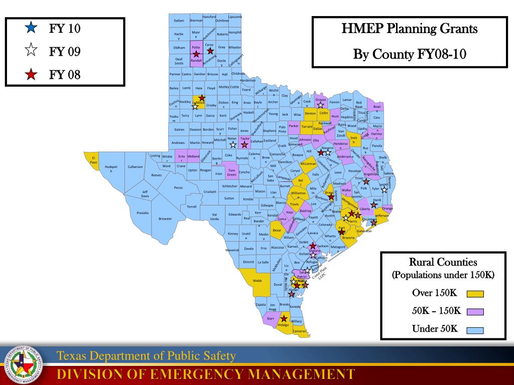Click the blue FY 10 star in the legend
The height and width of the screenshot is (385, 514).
click(x=31, y=28)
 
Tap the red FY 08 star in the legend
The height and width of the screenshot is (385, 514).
click(x=31, y=75)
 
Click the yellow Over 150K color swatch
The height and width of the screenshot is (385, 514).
click(x=475, y=294)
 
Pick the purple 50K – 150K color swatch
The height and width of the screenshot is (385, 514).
click(x=475, y=311)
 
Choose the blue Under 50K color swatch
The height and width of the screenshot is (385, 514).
click(x=475, y=330)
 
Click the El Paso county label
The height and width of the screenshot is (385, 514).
click(x=93, y=160)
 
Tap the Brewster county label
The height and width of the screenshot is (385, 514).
click(x=165, y=219)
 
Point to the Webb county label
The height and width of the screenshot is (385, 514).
click(x=257, y=281)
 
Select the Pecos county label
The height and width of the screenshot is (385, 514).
click(x=178, y=187)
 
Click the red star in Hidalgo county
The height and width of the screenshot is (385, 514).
click(x=284, y=318)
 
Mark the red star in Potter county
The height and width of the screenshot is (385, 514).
click(x=196, y=54)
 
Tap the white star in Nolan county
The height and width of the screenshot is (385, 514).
click(x=233, y=145)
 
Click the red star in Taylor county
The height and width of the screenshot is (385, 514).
click(x=244, y=145)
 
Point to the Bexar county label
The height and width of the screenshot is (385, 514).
click(x=277, y=231)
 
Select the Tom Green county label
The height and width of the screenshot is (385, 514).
click(x=231, y=172)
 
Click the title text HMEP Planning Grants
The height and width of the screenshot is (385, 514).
click(x=409, y=29)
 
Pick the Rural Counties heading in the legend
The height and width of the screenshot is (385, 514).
click(x=443, y=262)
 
